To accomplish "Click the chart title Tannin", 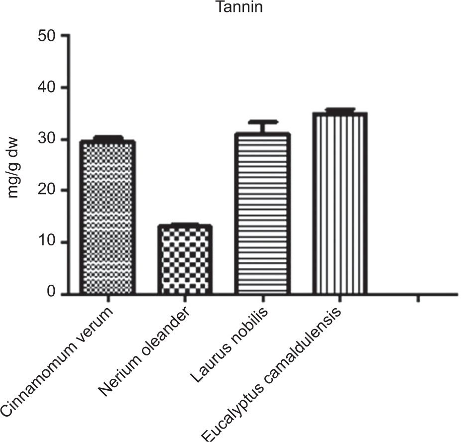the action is [x=239, y=7].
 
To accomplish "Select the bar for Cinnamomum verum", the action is [x=108, y=217].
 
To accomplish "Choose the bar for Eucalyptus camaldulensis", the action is [x=340, y=204].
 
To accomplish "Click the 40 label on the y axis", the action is [x=47, y=88].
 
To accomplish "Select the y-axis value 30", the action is [x=47, y=139].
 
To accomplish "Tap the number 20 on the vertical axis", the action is [x=47, y=191].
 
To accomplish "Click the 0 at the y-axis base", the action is [x=52, y=292].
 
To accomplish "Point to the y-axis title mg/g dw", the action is [x=12, y=168].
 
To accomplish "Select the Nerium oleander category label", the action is [x=143, y=351].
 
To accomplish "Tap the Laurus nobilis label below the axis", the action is [x=229, y=345].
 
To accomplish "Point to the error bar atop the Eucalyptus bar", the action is [x=340, y=110].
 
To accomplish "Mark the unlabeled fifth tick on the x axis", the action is [x=418, y=299].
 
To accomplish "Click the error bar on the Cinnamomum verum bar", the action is [x=108, y=138].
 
